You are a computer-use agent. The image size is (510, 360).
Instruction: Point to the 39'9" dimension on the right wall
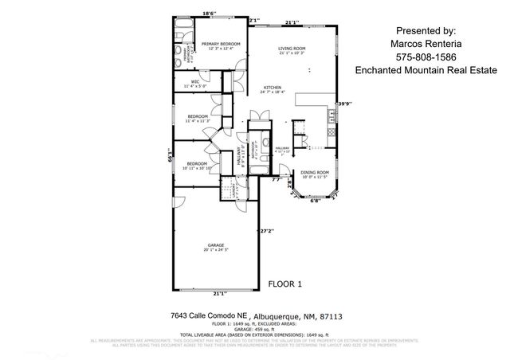pos(344,104)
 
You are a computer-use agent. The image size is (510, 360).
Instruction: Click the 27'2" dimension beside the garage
pos(267,232)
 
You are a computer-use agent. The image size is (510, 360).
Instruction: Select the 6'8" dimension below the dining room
pos(315,202)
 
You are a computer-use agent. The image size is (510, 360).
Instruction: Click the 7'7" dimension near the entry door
pos(276,180)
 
